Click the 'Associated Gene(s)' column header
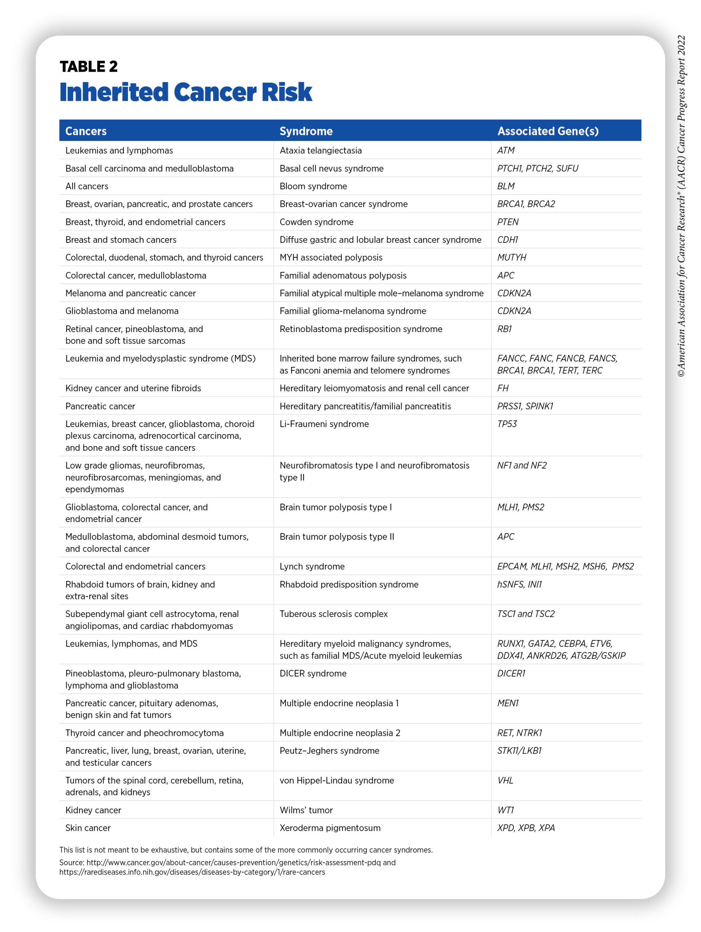[548, 131]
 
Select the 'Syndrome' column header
[306, 131]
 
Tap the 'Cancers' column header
[86, 131]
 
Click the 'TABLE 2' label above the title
[89, 67]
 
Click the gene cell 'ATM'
[506, 150]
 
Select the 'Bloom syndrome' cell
[313, 186]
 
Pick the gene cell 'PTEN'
[508, 222]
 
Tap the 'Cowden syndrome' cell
[316, 222]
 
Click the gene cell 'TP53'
[506, 424]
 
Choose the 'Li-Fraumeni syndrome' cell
[324, 424]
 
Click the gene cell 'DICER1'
[511, 673]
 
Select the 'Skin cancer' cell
[88, 828]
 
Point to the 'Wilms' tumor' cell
[306, 810]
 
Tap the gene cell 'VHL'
[505, 780]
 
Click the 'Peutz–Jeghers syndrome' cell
[329, 750]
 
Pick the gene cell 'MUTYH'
[511, 257]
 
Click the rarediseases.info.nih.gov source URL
[192, 872]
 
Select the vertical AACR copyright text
[681, 206]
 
